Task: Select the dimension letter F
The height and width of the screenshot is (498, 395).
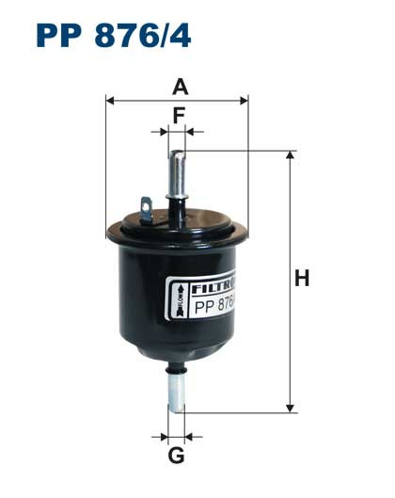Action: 178,116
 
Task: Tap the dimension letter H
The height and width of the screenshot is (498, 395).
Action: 302,279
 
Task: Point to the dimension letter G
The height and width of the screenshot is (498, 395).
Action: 176,458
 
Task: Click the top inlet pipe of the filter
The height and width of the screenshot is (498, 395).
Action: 178,169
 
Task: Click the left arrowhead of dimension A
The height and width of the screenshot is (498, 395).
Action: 111,99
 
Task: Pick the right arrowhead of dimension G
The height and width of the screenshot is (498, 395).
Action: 190,437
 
